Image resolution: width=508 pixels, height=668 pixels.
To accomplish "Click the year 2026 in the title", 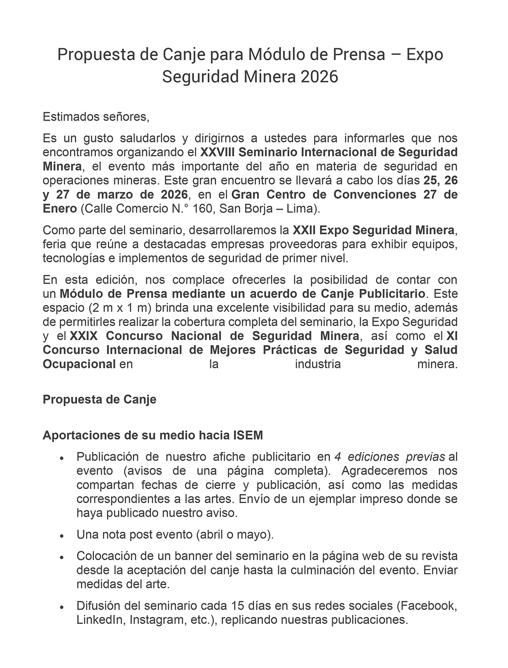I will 319,77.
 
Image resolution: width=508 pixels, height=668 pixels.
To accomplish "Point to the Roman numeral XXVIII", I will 217,152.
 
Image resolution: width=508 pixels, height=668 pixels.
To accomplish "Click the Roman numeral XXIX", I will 84,335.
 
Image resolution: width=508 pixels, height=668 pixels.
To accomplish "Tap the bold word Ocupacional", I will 79,364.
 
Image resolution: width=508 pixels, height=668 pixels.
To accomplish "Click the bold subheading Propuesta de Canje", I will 99,399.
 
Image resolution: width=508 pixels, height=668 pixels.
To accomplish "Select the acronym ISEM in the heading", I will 248,435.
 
